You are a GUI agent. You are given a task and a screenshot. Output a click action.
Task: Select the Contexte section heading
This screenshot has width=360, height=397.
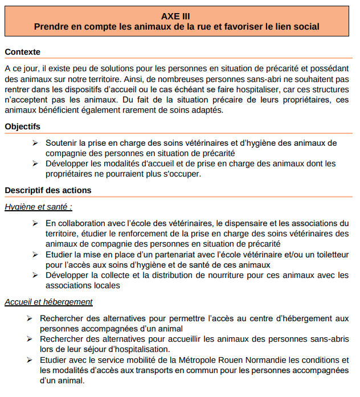(22, 52)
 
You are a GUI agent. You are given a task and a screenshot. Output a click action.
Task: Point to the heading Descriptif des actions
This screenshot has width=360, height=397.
(48, 190)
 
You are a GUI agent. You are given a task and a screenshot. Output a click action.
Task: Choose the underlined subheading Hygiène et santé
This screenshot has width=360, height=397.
(38, 207)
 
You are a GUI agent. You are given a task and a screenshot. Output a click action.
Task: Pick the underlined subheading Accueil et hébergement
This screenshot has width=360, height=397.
(48, 302)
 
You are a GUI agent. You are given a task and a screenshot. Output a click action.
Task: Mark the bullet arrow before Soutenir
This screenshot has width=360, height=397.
(35, 142)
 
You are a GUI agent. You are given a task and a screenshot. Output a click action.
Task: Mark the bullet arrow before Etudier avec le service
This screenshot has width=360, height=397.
(29, 360)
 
